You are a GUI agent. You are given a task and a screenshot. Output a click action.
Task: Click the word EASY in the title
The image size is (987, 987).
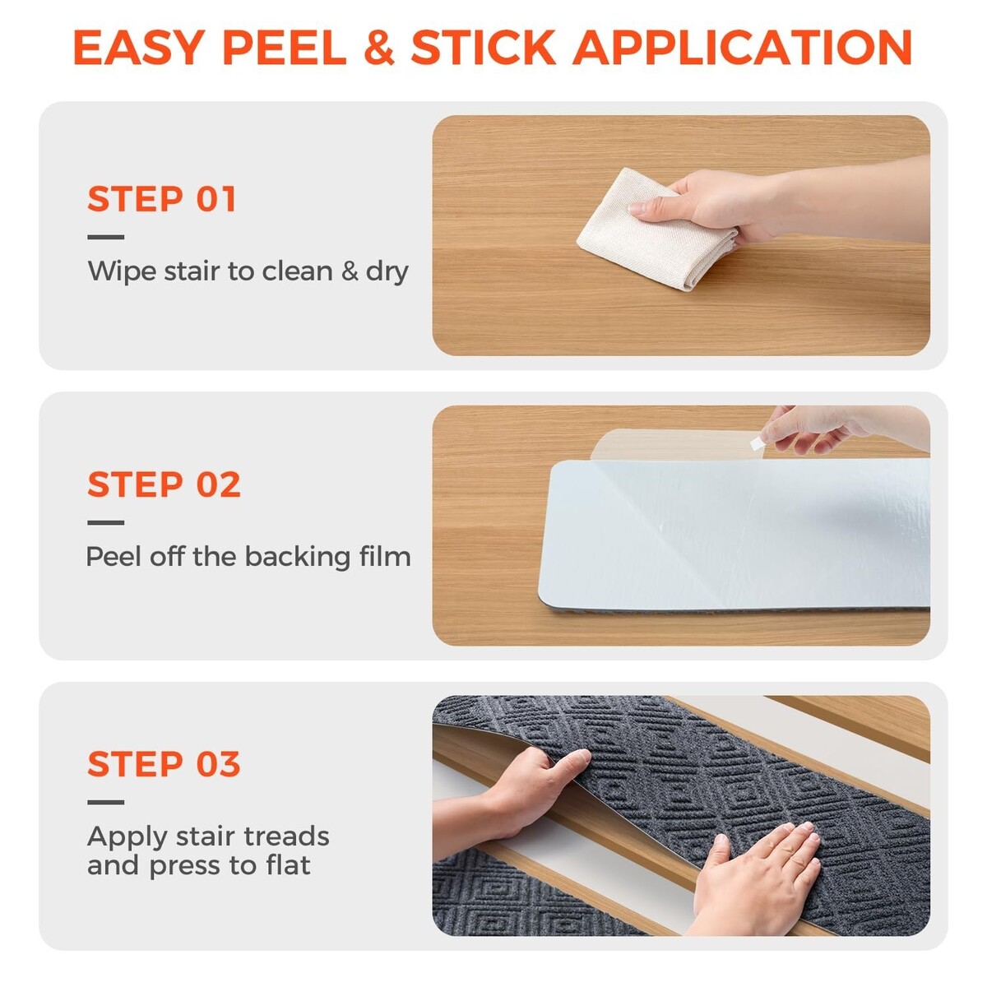[139, 47]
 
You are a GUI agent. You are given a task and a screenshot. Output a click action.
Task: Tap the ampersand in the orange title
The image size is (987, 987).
[379, 47]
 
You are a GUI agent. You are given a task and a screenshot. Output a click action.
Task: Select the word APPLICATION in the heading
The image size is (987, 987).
[742, 47]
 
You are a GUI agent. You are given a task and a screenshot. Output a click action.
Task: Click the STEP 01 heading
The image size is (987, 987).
[162, 199]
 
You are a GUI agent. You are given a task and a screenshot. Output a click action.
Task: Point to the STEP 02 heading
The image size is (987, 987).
[164, 484]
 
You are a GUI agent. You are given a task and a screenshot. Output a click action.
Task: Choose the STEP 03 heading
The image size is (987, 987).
[164, 763]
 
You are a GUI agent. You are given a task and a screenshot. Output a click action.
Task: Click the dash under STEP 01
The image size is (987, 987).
[106, 237]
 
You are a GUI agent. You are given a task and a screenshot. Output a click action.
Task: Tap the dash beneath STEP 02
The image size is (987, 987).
[106, 522]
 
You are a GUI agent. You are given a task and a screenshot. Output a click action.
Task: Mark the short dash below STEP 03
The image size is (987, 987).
[106, 802]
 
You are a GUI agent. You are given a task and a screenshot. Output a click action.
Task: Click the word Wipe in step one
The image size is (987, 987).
[122, 272]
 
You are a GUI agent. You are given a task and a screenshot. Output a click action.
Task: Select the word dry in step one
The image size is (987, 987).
[387, 272]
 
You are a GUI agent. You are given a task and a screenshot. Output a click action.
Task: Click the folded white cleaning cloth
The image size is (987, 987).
[656, 229]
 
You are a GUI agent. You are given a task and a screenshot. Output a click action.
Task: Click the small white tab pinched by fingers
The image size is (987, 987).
[757, 443]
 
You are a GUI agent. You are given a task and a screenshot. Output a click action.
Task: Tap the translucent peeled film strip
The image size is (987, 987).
[676, 444]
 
